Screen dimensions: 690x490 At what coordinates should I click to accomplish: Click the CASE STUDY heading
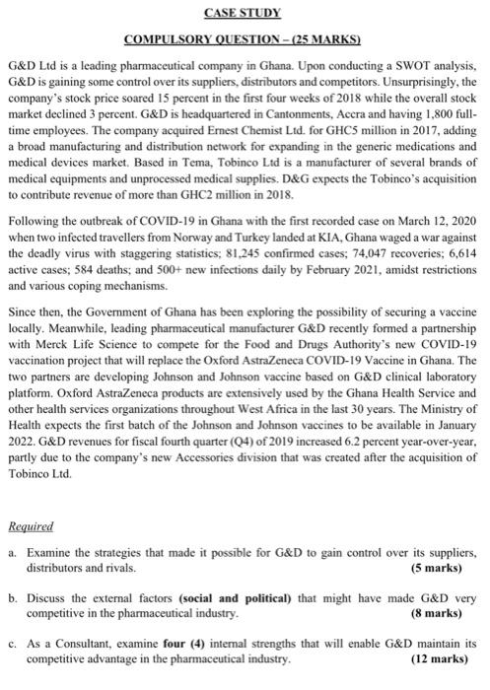[244, 13]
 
